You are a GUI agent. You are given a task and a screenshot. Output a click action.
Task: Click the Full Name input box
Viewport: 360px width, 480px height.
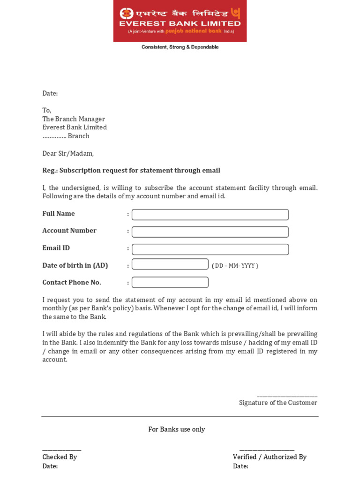(x=210, y=215)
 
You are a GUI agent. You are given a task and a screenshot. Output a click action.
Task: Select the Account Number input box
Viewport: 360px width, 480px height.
(x=210, y=232)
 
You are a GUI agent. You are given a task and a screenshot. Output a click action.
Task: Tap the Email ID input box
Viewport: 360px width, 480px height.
(x=210, y=249)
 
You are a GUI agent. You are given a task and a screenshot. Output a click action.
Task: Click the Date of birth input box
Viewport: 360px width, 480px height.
(x=170, y=264)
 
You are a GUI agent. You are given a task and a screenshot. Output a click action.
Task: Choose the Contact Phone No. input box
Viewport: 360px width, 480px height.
(x=170, y=282)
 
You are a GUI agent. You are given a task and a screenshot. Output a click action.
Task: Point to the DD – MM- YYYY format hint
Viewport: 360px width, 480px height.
(x=235, y=266)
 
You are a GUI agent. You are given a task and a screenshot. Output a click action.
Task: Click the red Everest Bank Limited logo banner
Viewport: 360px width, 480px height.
(x=180, y=21)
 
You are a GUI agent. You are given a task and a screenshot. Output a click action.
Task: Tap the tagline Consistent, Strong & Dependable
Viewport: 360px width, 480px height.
(x=180, y=47)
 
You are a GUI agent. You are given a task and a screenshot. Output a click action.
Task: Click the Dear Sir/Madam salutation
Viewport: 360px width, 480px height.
(x=68, y=153)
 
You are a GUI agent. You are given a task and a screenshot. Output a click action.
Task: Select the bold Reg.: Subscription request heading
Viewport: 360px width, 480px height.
(x=131, y=171)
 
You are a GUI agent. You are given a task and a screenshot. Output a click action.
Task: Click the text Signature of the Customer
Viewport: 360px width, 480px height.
(x=278, y=403)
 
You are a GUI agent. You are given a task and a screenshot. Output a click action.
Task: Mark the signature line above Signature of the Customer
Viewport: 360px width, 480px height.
(x=287, y=397)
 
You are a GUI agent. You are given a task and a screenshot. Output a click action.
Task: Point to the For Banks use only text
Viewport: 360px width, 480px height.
(x=177, y=429)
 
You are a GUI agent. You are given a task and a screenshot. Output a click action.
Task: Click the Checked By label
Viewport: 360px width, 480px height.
(x=60, y=457)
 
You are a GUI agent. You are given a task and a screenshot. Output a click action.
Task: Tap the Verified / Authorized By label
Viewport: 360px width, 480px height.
(x=270, y=457)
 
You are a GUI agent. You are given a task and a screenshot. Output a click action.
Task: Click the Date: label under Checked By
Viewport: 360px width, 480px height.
(x=50, y=466)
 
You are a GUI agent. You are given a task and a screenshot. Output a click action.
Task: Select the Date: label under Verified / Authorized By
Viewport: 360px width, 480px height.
(x=240, y=466)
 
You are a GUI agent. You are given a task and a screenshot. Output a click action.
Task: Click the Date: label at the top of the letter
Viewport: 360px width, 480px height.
(x=50, y=93)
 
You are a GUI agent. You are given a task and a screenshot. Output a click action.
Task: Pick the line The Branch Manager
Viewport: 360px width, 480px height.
(x=74, y=119)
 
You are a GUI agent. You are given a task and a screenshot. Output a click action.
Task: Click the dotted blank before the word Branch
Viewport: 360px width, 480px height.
(x=54, y=136)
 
